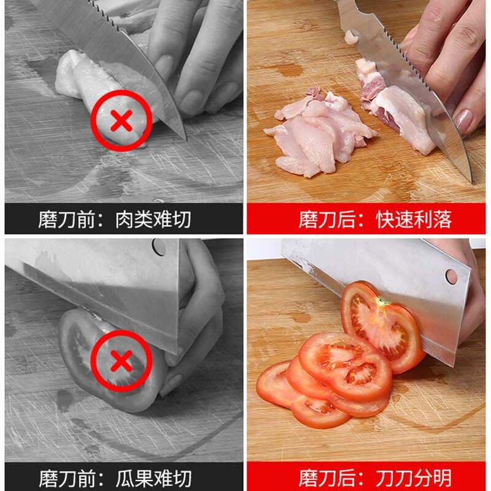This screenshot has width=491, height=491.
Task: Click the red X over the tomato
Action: tap(122, 361)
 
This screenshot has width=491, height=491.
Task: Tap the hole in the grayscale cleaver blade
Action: tap(159, 247)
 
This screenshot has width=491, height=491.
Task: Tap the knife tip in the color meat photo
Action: tap(471, 180)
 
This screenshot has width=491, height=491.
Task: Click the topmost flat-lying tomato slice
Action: tap(346, 365)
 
